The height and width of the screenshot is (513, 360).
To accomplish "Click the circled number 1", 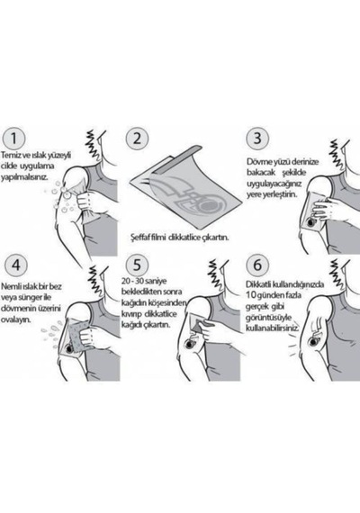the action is point(13,139).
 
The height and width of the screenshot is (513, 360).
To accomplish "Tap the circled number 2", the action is point(137,139).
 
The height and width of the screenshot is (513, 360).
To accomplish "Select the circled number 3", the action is point(257,139).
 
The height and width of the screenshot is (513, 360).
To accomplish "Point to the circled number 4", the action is point(15,265).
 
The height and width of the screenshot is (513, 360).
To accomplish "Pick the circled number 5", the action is point(137,265).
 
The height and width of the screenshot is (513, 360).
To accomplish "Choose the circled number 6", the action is point(257,265).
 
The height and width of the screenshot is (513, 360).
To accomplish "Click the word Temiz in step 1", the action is point(10,155).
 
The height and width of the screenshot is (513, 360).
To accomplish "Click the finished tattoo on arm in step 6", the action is point(315,341).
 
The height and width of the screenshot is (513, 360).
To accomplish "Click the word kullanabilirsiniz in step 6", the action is point(273,328).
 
